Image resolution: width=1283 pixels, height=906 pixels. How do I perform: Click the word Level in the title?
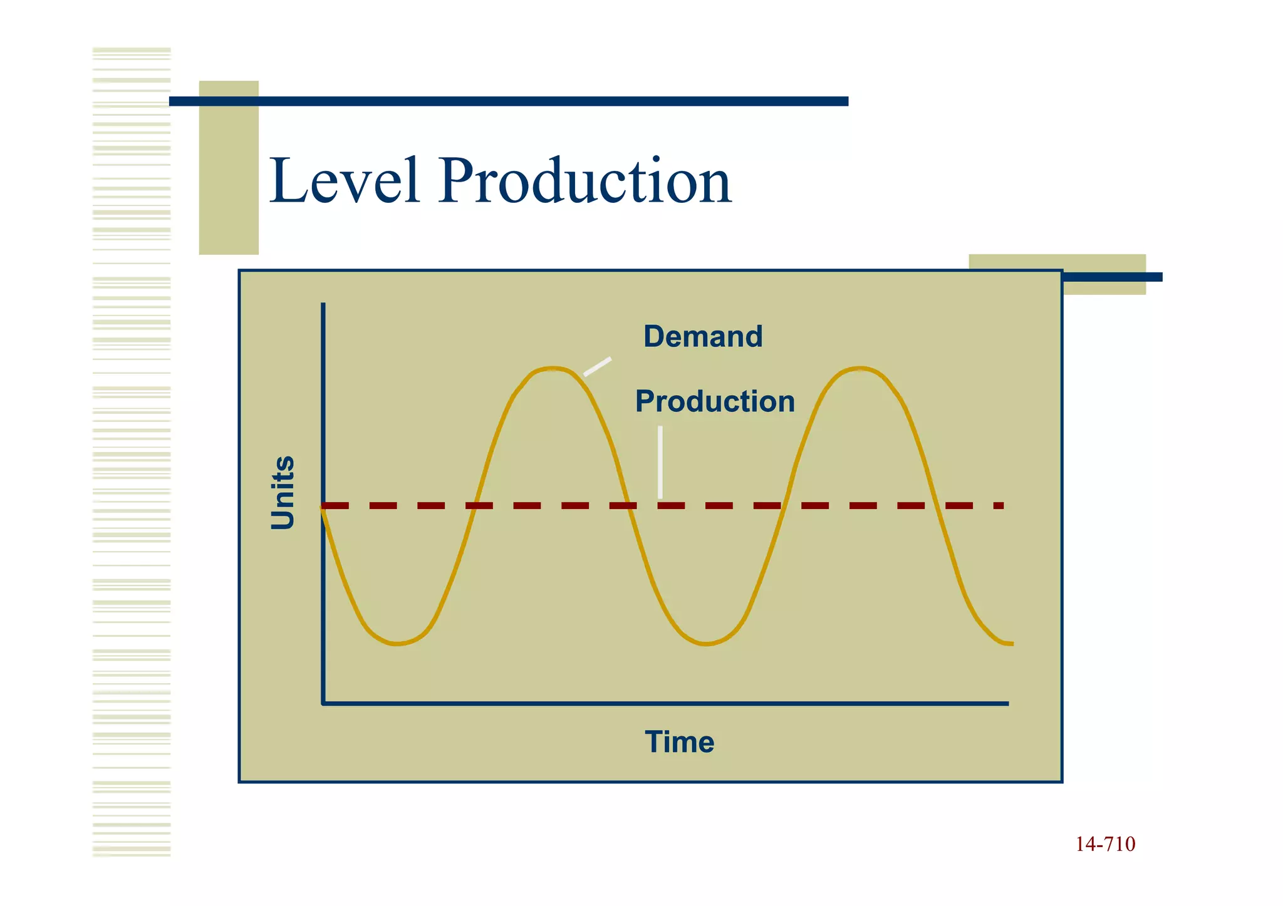[345, 181]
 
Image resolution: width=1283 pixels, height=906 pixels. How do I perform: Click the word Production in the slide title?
[585, 181]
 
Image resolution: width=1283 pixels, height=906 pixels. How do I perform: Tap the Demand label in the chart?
[703, 336]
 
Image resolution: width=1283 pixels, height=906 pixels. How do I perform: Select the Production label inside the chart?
[715, 401]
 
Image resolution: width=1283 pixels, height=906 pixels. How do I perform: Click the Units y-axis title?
[283, 492]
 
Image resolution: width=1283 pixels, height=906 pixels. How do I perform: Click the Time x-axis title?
[679, 742]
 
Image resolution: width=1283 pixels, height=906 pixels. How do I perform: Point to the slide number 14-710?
[1105, 844]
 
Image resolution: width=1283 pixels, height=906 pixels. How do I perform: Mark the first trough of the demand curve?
[397, 643]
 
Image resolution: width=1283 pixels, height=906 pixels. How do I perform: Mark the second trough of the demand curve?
[706, 643]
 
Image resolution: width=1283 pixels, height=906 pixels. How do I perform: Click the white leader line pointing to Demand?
[598, 366]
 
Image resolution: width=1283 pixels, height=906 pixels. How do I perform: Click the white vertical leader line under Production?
[660, 462]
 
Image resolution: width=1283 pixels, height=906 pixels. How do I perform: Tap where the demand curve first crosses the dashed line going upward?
[475, 505]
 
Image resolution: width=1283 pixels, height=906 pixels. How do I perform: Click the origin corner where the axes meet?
[323, 703]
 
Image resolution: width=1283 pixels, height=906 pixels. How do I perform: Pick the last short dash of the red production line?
[999, 505]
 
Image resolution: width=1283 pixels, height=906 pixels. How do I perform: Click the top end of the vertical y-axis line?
[323, 306]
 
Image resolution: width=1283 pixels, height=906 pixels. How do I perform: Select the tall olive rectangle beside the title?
[229, 168]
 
